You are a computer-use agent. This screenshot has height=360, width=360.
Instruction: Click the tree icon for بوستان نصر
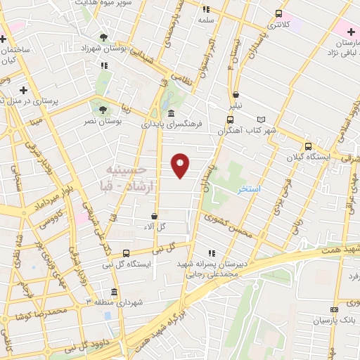(x=103, y=110)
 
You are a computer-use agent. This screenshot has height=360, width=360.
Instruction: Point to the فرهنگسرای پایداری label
(x=172, y=124)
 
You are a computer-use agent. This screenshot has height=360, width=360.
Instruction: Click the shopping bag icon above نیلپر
(x=235, y=94)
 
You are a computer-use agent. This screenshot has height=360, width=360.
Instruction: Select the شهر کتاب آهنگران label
(x=247, y=131)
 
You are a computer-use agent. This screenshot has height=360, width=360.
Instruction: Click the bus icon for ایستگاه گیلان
(x=308, y=146)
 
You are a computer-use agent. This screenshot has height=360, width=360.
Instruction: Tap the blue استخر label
(x=250, y=190)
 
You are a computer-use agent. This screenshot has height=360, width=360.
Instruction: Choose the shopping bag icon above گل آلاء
(x=153, y=215)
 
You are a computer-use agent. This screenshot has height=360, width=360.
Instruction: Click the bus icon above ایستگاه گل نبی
(x=126, y=253)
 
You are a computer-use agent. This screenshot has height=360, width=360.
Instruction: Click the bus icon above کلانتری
(x=279, y=13)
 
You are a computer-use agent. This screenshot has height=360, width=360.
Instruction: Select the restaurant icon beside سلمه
(x=206, y=10)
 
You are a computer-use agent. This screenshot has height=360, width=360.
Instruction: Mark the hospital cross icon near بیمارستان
(x=350, y=32)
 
